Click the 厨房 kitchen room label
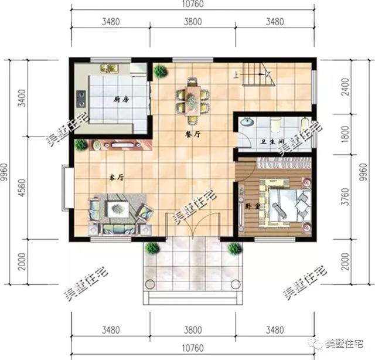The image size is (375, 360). tap(122, 100)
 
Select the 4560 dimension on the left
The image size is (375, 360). tap(22, 186)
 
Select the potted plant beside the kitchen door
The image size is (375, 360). tap(160, 72)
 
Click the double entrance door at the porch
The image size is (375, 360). tap(192, 225)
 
